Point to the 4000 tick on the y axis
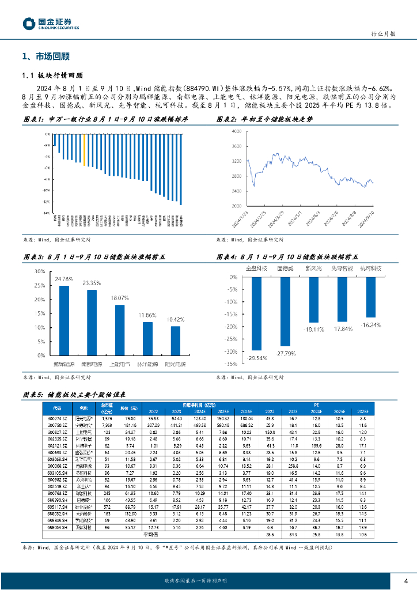237,132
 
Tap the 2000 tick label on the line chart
237,206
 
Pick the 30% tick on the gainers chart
40,271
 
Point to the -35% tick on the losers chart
231,364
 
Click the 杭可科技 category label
370,268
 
